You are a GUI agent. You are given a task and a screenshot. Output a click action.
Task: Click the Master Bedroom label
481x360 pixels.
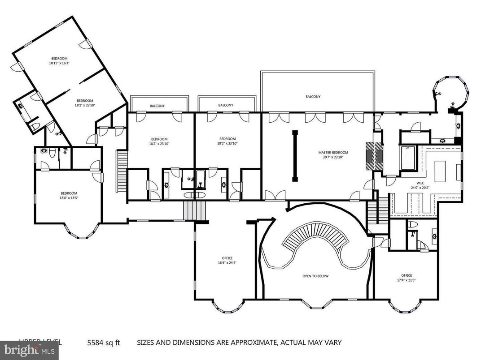[x=333, y=152]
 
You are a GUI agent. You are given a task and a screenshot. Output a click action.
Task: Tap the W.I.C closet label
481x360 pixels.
[x=420, y=183]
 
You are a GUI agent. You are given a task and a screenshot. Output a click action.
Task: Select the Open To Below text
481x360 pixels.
[x=315, y=276]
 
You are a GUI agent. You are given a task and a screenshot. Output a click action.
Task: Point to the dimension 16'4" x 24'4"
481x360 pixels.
[x=227, y=263]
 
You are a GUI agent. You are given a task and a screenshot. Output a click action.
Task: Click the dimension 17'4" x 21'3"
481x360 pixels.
[x=406, y=280]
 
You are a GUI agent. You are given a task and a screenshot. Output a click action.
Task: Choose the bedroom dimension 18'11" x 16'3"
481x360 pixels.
[x=59, y=63]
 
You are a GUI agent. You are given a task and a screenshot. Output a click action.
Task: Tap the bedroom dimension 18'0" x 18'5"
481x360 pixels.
[x=70, y=198]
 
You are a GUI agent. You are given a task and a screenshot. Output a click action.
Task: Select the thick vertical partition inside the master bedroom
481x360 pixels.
[x=295, y=156]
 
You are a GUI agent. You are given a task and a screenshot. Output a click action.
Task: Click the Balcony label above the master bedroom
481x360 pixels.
[x=313, y=97]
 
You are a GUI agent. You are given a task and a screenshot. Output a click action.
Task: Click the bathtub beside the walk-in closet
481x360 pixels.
[x=408, y=159]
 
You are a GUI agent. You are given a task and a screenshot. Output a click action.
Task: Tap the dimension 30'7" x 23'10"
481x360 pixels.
[x=333, y=157]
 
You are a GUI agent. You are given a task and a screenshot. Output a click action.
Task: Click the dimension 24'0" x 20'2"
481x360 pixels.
[x=420, y=188]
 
